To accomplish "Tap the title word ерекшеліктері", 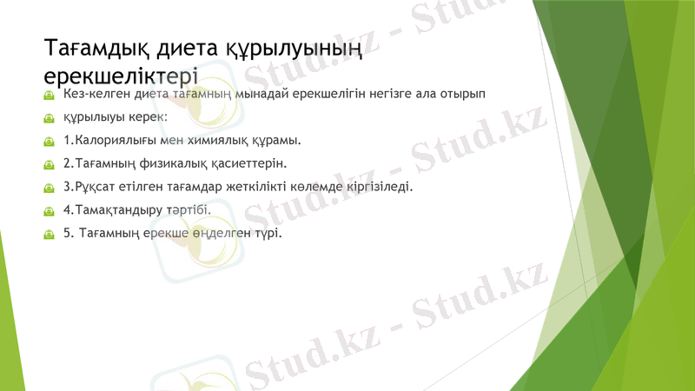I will click(122, 73).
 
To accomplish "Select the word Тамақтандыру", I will click(116, 209).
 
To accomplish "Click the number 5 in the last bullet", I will click(67, 233).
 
